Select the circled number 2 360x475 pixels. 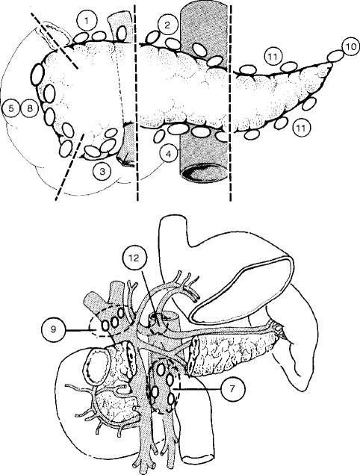(169, 25)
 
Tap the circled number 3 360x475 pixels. (102, 171)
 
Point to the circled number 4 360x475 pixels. (170, 155)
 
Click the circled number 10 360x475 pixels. (350, 46)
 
